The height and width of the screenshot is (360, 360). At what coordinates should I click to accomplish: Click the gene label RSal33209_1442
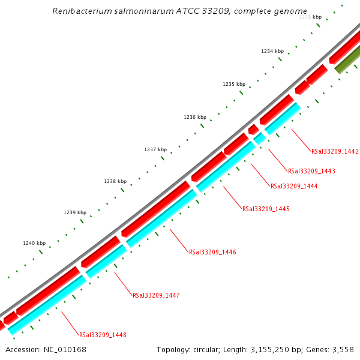(x=335, y=151)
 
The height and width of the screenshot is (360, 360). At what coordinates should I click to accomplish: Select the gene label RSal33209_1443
(x=311, y=171)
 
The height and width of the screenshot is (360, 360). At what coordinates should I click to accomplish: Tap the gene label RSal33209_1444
(x=294, y=186)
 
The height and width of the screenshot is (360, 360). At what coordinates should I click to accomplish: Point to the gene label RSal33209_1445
(x=266, y=209)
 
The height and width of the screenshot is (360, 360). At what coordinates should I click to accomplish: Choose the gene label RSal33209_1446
(x=212, y=252)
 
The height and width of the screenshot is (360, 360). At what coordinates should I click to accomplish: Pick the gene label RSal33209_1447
(x=156, y=295)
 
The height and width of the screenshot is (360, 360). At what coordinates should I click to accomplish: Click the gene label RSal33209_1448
(x=103, y=335)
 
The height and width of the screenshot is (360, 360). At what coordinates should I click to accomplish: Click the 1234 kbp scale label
(x=272, y=52)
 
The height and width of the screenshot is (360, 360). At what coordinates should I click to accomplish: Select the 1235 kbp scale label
(x=233, y=85)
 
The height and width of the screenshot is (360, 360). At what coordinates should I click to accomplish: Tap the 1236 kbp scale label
(x=195, y=117)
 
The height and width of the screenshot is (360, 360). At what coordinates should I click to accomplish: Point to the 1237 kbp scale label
(x=155, y=149)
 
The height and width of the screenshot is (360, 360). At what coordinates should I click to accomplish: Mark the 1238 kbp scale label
(x=115, y=181)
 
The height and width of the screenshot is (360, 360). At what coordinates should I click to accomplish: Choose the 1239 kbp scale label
(x=75, y=212)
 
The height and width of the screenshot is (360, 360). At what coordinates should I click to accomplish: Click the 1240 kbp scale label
(x=34, y=243)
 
